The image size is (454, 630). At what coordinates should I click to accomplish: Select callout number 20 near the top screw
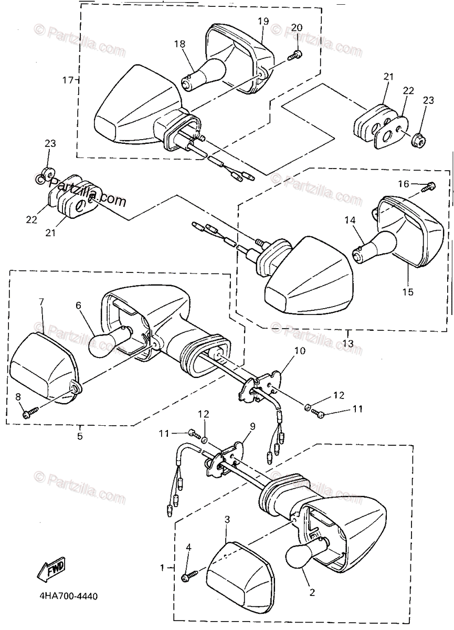[x=297, y=27]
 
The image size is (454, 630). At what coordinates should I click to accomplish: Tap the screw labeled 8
[x=27, y=414]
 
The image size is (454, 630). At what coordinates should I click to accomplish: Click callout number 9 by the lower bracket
[x=252, y=426]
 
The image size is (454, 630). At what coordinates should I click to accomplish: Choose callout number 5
[x=80, y=435]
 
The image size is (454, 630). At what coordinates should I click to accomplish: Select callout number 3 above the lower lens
[x=227, y=520]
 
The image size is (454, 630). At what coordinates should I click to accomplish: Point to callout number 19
[x=263, y=21]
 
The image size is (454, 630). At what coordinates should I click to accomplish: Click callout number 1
[x=162, y=568]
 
